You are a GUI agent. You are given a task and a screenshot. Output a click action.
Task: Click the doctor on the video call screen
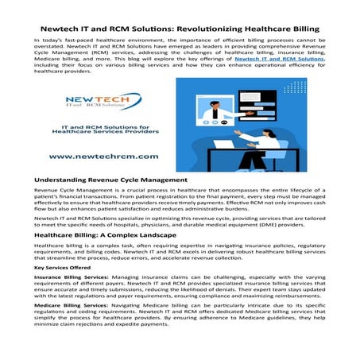coord(217,111)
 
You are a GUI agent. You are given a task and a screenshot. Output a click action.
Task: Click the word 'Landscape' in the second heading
coord(180,237)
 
